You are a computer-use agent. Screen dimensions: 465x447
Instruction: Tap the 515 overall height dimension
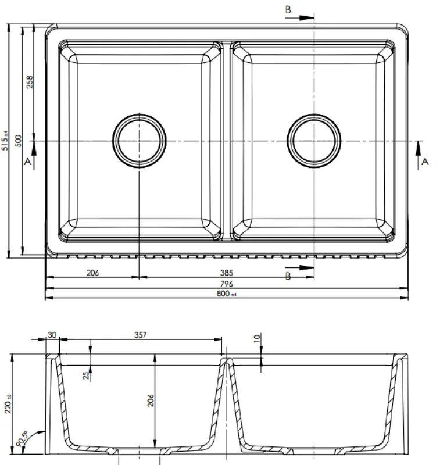[6, 139]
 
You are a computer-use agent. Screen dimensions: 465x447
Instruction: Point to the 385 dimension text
[227, 271]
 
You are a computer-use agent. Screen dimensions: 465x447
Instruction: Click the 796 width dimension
[227, 283]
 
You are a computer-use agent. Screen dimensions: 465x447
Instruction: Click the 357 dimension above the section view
[141, 334]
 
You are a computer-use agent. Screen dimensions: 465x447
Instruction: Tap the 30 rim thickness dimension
[52, 334]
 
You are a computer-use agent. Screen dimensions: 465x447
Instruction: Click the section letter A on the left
[27, 163]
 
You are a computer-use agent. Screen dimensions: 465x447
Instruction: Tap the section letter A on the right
[424, 162]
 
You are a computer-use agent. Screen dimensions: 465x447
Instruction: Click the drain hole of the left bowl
[139, 140]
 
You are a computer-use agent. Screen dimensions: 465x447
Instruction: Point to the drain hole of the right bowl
[314, 140]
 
